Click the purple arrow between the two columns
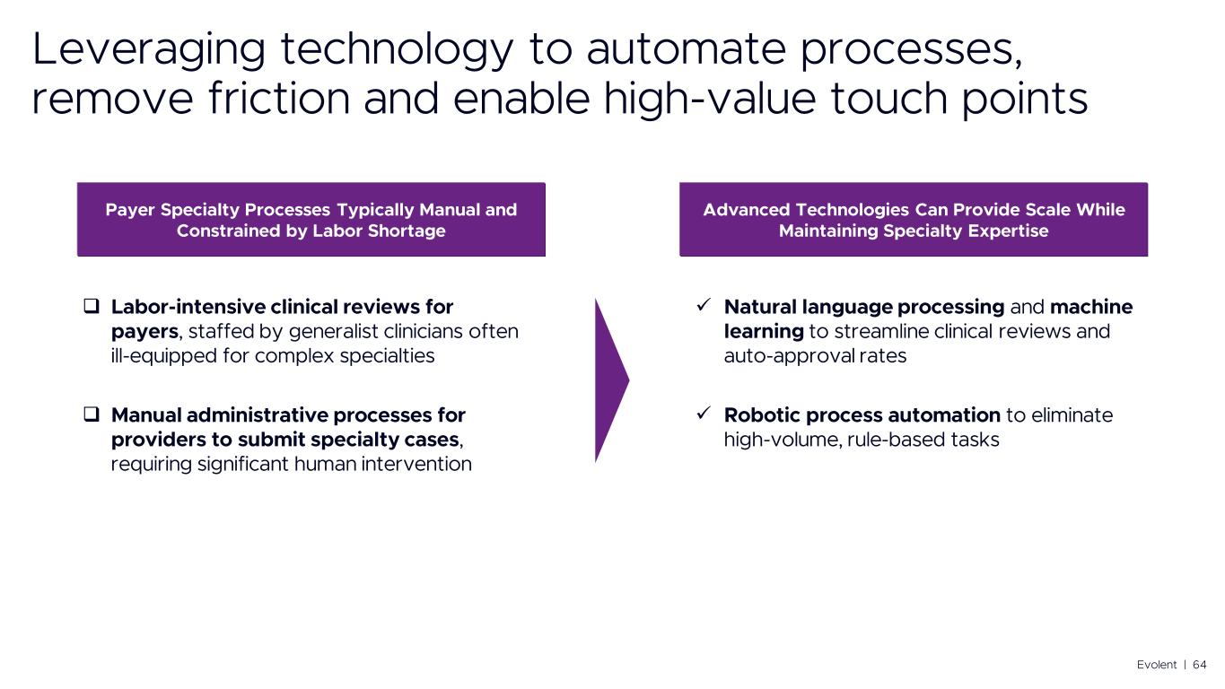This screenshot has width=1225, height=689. tap(611, 380)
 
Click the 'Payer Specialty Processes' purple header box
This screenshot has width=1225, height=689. tap(311, 220)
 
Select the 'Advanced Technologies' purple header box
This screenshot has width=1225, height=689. tap(913, 220)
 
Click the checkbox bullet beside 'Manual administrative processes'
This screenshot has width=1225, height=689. tap(92, 415)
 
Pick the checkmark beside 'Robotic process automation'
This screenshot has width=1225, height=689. tap(705, 414)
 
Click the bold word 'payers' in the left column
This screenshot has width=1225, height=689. tap(144, 332)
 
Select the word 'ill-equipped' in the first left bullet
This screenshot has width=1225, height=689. tap(156, 355)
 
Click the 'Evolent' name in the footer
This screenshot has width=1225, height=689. tap(1156, 664)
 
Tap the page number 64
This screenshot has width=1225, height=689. tap(1200, 664)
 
